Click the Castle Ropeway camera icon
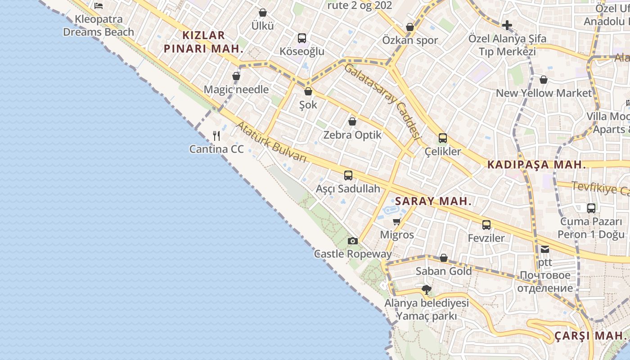[x=353, y=241]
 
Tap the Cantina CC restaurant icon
[x=216, y=135]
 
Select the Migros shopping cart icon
[x=397, y=221]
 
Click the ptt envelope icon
[x=545, y=249]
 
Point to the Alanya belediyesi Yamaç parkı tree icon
[x=426, y=289]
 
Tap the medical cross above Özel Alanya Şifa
[x=507, y=25]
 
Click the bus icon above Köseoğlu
[x=302, y=38]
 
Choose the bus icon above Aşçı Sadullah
[x=348, y=175]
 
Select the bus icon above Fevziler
[x=486, y=225]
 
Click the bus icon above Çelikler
[x=443, y=138]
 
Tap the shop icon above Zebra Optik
[x=352, y=121]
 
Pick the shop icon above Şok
[x=308, y=92]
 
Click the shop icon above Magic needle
[x=236, y=76]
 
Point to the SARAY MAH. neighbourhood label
[x=433, y=201]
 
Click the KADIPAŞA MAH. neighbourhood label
[x=537, y=165]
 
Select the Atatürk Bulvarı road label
[x=271, y=143]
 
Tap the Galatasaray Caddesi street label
[x=382, y=101]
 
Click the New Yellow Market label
[x=544, y=93]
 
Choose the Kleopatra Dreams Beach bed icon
[x=99, y=6]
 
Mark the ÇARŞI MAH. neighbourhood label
[x=590, y=336]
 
